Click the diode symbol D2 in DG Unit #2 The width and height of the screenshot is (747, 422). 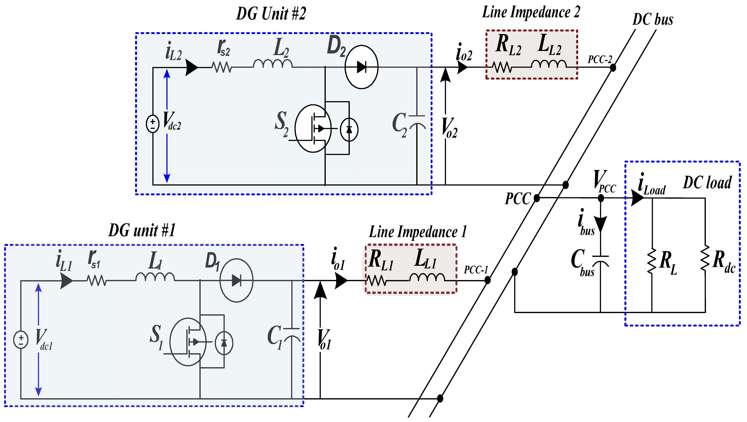pos(361,67)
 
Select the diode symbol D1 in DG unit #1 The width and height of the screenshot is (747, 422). pos(236,280)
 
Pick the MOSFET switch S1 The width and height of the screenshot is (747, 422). pos(188,342)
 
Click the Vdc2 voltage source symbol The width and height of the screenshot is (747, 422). pos(153,124)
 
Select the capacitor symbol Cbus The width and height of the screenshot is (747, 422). pos(600,261)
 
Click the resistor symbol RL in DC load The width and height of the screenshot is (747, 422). pos(652,261)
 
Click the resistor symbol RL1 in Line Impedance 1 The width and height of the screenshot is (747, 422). pos(376,280)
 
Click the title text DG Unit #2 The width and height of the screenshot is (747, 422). pos(271,14)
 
